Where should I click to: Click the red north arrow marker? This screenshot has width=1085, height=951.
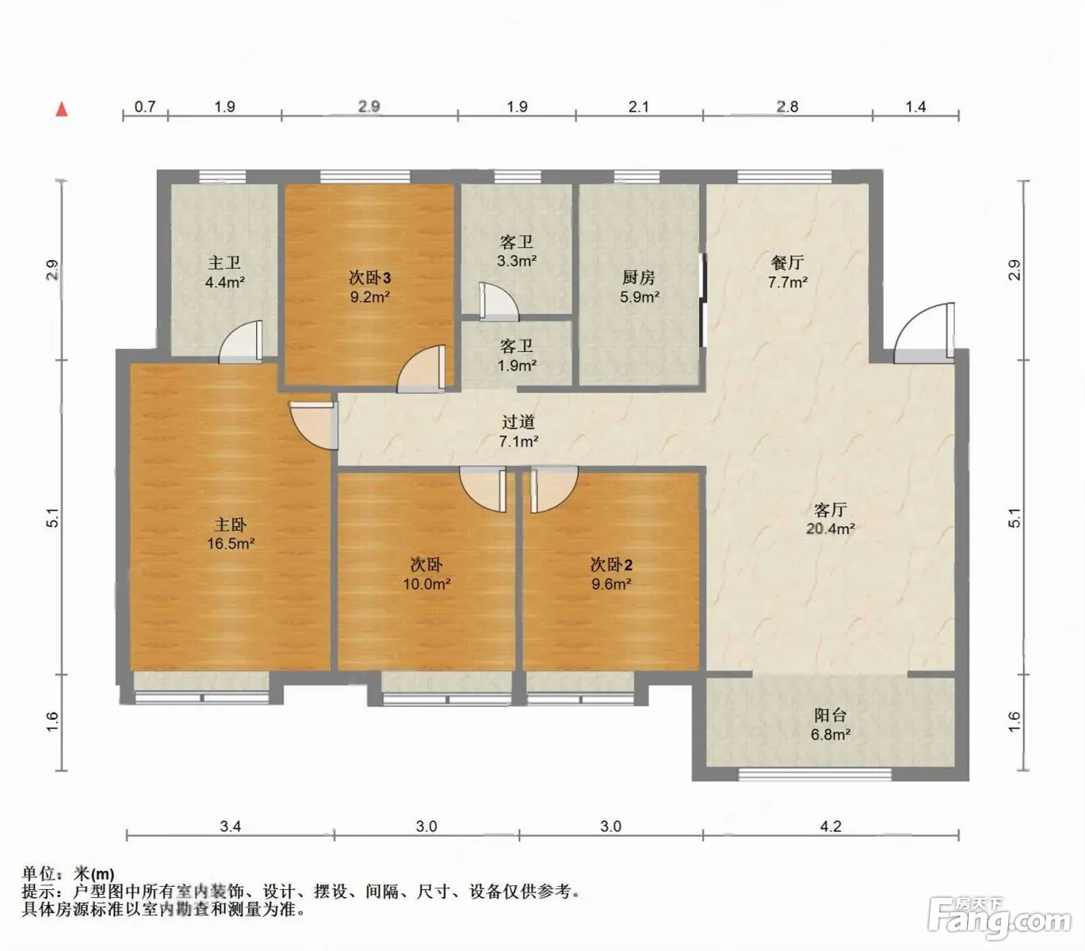point(62,109)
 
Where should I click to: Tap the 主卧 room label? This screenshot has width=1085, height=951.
point(231,524)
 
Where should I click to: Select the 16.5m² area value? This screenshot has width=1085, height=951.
point(231,544)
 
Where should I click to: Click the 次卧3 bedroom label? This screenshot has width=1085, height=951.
point(369,277)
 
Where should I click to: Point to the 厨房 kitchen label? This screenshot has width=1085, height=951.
point(638,277)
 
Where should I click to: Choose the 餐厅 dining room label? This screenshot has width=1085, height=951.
point(787,262)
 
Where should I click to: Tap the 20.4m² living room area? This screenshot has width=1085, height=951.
point(830,529)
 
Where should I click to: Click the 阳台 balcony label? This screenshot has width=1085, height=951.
point(830,715)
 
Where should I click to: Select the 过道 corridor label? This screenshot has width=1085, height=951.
point(518,422)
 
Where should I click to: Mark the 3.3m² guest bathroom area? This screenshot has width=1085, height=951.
point(517,261)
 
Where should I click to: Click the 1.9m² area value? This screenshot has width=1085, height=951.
point(517,365)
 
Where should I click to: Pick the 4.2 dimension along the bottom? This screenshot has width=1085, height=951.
point(831,827)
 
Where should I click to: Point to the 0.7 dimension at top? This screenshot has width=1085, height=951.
point(144,106)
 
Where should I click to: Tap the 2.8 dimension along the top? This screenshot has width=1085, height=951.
point(787,106)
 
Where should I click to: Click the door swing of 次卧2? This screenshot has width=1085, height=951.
point(554,489)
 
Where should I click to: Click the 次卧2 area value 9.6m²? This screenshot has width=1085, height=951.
point(611,583)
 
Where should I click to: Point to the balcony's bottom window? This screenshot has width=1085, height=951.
point(815,773)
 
